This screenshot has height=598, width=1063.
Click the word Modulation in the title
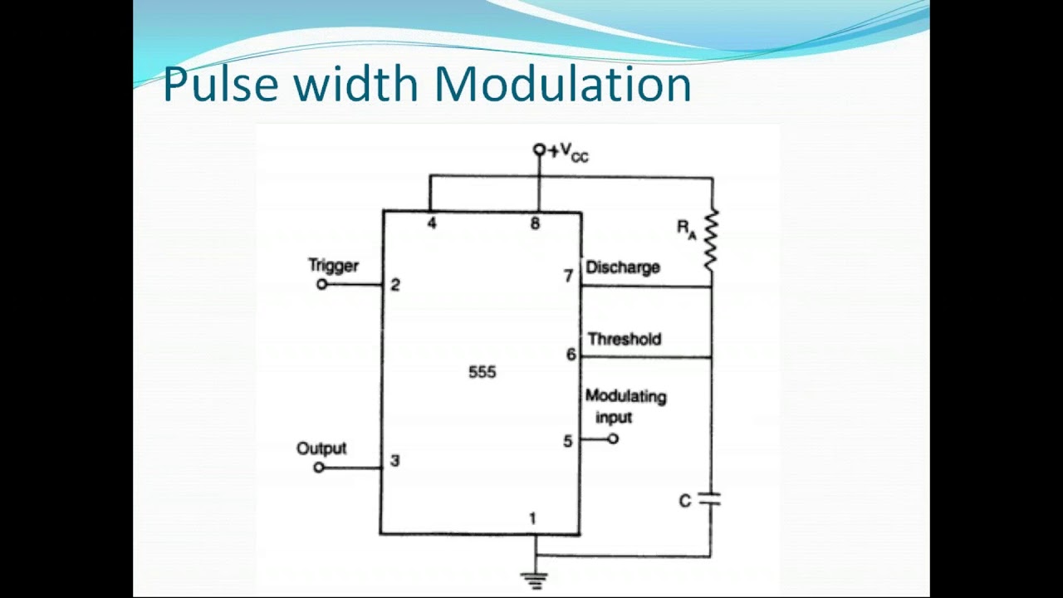(x=563, y=84)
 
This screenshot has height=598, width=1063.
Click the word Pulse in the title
(x=221, y=84)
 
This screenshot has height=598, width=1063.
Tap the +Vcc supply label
(x=569, y=152)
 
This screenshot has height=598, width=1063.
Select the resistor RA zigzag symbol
(x=710, y=240)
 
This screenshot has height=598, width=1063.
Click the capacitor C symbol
(x=710, y=499)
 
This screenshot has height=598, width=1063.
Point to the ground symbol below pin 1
(x=535, y=581)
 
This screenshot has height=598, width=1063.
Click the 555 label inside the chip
(x=483, y=372)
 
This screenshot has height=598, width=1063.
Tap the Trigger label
(x=334, y=265)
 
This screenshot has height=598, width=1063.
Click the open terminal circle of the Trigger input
(x=321, y=285)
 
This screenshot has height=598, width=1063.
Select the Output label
(x=321, y=448)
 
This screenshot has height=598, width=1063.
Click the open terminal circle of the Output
(x=319, y=468)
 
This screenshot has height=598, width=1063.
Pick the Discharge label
(x=623, y=267)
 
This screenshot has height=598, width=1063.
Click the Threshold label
(x=625, y=339)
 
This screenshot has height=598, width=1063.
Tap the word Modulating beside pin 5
(x=626, y=396)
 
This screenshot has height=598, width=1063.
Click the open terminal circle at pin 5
(x=613, y=439)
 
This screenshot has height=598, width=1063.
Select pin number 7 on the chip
(x=569, y=276)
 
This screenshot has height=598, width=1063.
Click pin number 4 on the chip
(x=431, y=223)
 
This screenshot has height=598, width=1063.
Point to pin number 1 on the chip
(x=532, y=518)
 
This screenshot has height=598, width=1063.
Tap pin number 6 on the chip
(x=571, y=354)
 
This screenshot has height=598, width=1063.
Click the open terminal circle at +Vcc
(x=539, y=149)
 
